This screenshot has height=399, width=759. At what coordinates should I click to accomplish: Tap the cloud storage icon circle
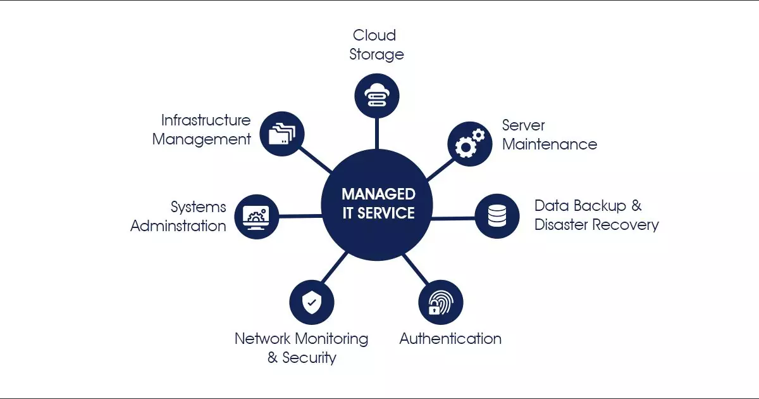377,95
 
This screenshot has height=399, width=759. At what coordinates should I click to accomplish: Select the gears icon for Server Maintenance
470,142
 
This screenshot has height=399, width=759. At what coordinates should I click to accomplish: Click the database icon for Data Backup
497,216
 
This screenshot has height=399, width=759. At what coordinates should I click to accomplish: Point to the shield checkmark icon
311,302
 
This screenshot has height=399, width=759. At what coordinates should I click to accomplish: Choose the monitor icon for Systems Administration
256,217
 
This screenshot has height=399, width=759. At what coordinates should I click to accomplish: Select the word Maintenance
549,144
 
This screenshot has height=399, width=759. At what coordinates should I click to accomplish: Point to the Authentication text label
450,339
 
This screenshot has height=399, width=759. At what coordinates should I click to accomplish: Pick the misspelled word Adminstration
178,226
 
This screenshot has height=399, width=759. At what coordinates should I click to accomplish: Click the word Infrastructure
206,120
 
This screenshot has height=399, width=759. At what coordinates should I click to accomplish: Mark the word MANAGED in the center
378,194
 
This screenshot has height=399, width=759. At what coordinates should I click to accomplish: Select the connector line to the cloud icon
377,133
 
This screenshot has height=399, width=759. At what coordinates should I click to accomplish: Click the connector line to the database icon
453,218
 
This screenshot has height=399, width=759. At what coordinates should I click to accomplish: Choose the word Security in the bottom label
309,358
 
